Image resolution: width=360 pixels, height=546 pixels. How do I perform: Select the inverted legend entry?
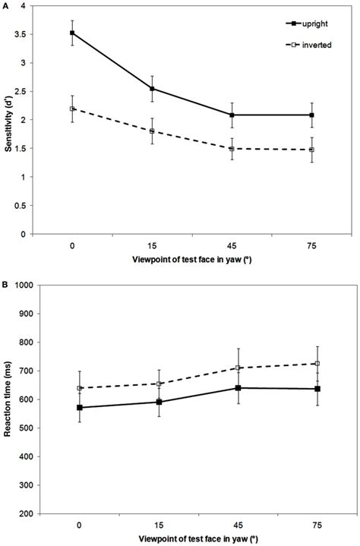pyautogui.click(x=308, y=45)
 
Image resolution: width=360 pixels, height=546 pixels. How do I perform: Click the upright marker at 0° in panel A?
pyautogui.click(x=72, y=33)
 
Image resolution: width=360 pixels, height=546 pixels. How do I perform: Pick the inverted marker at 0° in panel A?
pyautogui.click(x=72, y=109)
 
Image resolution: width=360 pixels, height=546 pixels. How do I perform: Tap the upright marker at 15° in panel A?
pyautogui.click(x=152, y=88)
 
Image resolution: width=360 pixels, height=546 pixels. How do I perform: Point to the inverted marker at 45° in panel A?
pyautogui.click(x=232, y=149)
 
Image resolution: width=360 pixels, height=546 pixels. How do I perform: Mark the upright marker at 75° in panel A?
pyautogui.click(x=312, y=115)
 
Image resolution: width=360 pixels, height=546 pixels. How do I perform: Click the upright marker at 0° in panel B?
pyautogui.click(x=80, y=407)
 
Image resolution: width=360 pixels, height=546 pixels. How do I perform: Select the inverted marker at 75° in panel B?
pyautogui.click(x=317, y=364)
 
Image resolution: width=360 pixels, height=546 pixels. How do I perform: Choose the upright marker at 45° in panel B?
pyautogui.click(x=238, y=388)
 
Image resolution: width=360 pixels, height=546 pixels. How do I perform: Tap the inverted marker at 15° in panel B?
pyautogui.click(x=159, y=383)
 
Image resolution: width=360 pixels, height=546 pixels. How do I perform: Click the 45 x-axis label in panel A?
pyautogui.click(x=232, y=246)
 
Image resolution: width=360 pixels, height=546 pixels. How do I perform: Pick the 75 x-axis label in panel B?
pyautogui.click(x=317, y=525)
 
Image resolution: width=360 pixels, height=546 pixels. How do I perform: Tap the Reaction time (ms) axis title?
pyautogui.click(x=7, y=399)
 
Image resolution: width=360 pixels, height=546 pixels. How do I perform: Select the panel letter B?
pyautogui.click(x=5, y=285)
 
